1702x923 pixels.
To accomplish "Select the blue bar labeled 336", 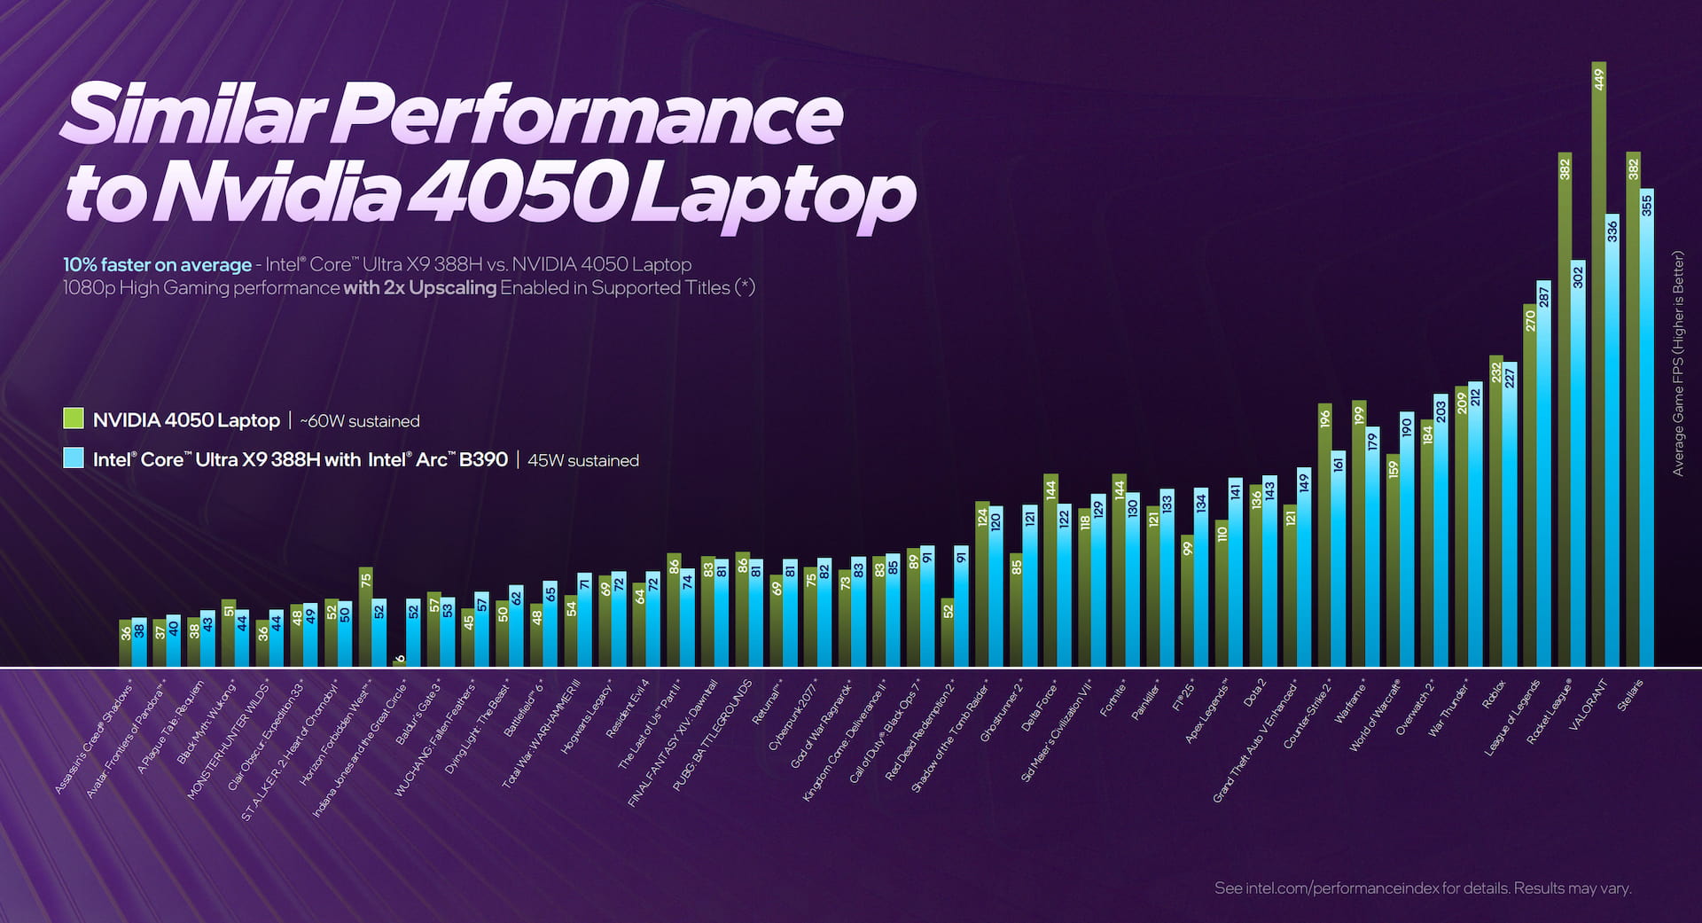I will click(1612, 443).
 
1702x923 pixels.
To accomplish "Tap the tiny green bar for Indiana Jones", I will click(400, 661).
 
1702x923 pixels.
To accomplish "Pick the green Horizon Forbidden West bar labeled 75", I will click(366, 621).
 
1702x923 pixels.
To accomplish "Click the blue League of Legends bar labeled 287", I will click(1543, 479).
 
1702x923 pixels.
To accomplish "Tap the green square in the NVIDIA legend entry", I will click(74, 419).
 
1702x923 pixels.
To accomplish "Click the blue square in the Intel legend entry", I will click(74, 458).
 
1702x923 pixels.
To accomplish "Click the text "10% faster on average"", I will click(157, 264).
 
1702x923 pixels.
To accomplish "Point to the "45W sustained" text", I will click(582, 460).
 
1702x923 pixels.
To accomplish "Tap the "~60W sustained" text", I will click(359, 421).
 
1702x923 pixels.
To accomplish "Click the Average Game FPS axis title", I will click(1677, 364).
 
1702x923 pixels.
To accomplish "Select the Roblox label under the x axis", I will click(1494, 694).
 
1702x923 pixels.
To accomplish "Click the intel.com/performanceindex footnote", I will click(1423, 888).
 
